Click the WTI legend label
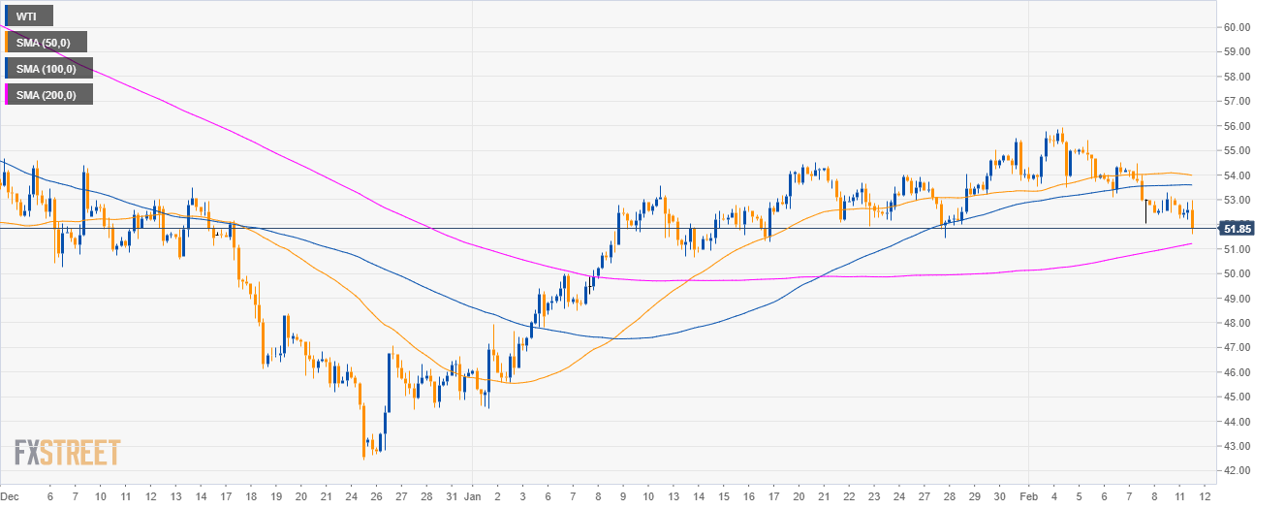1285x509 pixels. click(27, 16)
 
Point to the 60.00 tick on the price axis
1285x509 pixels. click(1238, 27)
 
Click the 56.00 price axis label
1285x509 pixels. click(1238, 126)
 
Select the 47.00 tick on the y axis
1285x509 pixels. click(1238, 347)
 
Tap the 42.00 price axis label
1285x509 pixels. click(1238, 470)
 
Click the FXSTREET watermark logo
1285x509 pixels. click(67, 453)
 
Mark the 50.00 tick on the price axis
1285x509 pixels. click(1238, 273)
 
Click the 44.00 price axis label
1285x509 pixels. click(1238, 421)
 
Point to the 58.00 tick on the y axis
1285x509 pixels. click(1238, 77)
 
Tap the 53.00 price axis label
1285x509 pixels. click(1238, 200)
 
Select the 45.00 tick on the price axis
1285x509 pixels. click(1238, 397)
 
